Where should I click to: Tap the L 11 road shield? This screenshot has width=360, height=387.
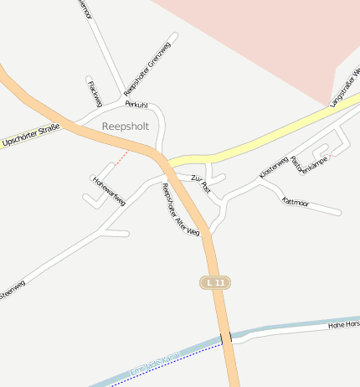point(215,283)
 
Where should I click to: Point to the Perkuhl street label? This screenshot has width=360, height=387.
point(136,105)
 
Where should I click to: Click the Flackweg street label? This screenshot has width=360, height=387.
point(94,92)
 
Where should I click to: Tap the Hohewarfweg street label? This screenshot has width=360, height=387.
point(109,190)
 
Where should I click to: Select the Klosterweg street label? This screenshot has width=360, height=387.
point(274,166)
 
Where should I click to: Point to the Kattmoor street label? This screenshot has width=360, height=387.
point(296,202)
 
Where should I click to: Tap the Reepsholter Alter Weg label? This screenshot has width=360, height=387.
point(180,209)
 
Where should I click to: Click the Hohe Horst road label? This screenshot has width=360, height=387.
point(342,323)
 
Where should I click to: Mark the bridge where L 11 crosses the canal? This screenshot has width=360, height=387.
point(226,337)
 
